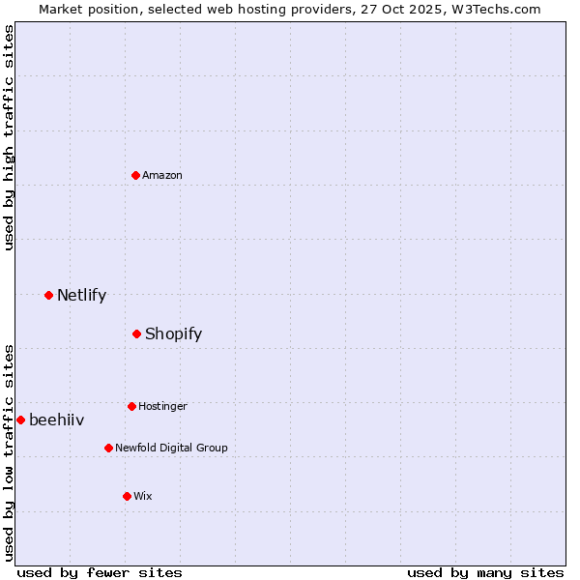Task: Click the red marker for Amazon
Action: tap(136, 175)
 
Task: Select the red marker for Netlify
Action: tap(48, 295)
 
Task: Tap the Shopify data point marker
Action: tap(137, 333)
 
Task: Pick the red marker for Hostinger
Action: tap(131, 406)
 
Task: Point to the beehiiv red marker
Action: tap(20, 420)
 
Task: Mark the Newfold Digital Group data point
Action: tap(108, 448)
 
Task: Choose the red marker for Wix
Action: tap(127, 496)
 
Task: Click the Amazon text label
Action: tap(162, 175)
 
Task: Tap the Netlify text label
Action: tap(81, 295)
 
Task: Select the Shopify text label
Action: tap(173, 333)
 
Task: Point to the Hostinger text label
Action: tap(162, 406)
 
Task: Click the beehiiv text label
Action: tap(56, 420)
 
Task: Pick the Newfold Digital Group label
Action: tap(171, 448)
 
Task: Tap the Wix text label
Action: tap(143, 496)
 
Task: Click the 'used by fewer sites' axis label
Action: tap(100, 572)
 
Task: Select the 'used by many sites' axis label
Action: tap(485, 572)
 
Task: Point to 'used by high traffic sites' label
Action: tap(9, 137)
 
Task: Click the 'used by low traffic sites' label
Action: tap(9, 452)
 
